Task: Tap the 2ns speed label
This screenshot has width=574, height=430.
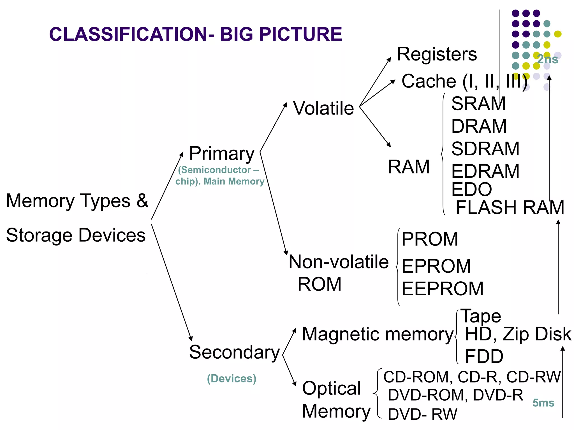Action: pyautogui.click(x=547, y=59)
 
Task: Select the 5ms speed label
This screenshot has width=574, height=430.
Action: pyautogui.click(x=543, y=403)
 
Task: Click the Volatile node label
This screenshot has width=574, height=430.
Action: pyautogui.click(x=323, y=108)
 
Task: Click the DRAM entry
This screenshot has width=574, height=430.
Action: pyautogui.click(x=479, y=126)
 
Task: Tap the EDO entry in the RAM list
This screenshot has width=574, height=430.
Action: pyautogui.click(x=472, y=189)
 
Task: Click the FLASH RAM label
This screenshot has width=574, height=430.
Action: pyautogui.click(x=510, y=207)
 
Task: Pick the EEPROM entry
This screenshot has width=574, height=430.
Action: pyautogui.click(x=443, y=289)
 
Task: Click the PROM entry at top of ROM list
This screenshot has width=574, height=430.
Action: pyautogui.click(x=430, y=239)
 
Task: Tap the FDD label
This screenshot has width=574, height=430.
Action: pyautogui.click(x=484, y=356)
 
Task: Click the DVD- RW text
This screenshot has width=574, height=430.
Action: pyautogui.click(x=422, y=414)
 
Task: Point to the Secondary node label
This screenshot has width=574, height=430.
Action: pyautogui.click(x=234, y=352)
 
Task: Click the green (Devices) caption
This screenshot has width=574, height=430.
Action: pyautogui.click(x=232, y=378)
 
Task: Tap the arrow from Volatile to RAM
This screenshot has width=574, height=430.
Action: pyautogui.click(x=375, y=126)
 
